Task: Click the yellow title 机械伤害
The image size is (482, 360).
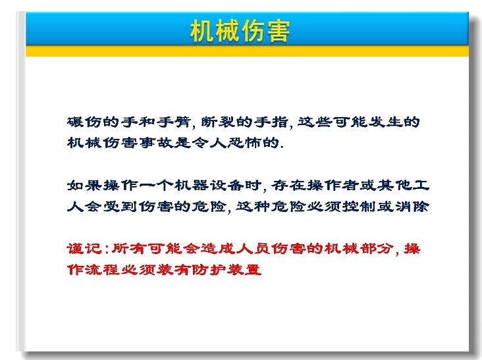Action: [240, 31]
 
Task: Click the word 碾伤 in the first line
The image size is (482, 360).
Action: [84, 122]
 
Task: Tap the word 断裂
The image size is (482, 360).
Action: [219, 122]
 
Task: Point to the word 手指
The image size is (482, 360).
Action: [271, 122]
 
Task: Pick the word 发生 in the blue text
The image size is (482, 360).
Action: [385, 122]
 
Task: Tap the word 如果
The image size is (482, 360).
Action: [84, 185]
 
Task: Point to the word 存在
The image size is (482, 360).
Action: [289, 185]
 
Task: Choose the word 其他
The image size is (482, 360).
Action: [394, 185]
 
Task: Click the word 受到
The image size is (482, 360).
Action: [120, 206]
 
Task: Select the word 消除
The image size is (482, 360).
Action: [412, 206]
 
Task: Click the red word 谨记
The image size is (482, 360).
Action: [84, 249]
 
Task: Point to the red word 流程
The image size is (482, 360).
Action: [102, 269]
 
